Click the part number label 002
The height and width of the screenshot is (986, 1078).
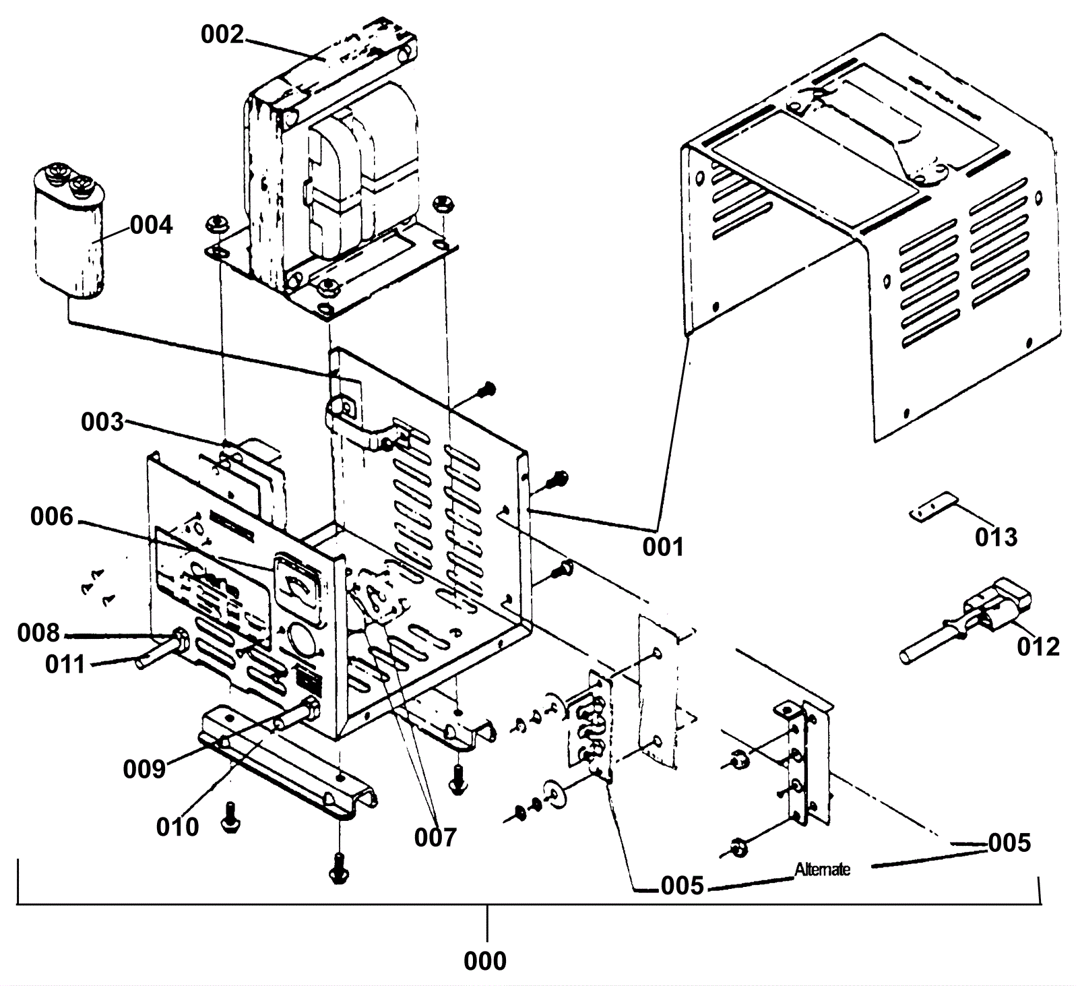tap(222, 34)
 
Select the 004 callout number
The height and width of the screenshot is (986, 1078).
tap(151, 225)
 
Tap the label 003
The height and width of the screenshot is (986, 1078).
tap(102, 423)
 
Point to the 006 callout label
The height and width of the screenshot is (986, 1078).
tap(51, 517)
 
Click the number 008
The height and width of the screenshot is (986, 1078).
tap(38, 634)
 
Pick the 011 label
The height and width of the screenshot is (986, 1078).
tap(65, 665)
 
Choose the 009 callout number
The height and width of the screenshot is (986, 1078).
tap(144, 768)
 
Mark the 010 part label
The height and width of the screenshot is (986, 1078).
tap(177, 827)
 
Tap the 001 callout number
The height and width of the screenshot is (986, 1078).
tap(663, 547)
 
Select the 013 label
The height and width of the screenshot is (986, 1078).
tap(996, 538)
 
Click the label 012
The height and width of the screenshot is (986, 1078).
tap(1038, 647)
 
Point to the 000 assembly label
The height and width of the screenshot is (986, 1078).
tap(485, 961)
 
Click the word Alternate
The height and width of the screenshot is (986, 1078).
tap(822, 869)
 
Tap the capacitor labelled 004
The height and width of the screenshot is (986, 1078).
tap(69, 236)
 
